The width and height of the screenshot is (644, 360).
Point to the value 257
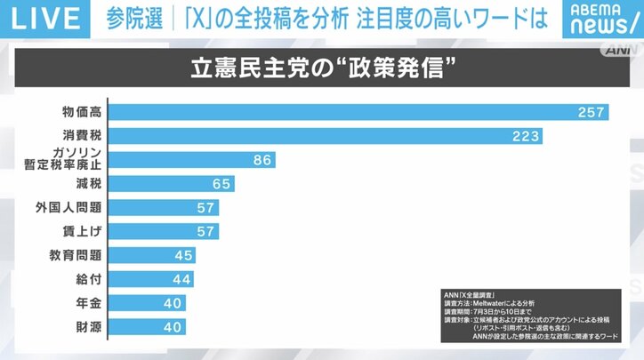pyautogui.click(x=589, y=112)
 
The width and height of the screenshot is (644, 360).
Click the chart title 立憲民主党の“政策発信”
pyautogui.click(x=321, y=68)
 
